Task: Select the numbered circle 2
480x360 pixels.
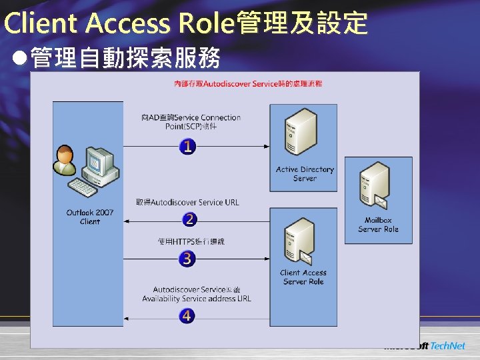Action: coord(189,219)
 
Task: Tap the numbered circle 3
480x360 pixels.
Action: coord(187,259)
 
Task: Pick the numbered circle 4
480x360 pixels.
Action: coord(187,315)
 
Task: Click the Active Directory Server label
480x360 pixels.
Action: coord(304,174)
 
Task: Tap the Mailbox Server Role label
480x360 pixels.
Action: coord(378,225)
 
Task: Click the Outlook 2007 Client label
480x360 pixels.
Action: coord(90,217)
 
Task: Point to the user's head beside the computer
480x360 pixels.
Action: coord(65,153)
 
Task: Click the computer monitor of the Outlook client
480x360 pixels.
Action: coord(97,161)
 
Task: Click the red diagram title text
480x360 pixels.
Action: coord(248,83)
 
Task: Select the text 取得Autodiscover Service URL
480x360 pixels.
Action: coord(187,202)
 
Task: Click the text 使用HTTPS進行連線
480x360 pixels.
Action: coord(191,241)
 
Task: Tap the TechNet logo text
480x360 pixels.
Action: coord(447,346)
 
